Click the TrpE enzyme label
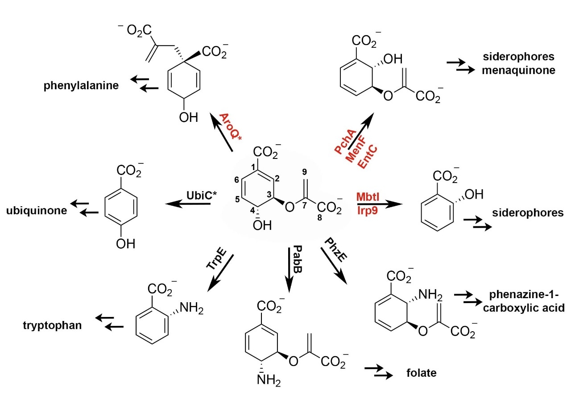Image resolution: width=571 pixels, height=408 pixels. point(216,259)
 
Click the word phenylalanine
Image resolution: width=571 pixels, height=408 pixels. point(81,86)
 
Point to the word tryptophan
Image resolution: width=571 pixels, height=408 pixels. point(53,325)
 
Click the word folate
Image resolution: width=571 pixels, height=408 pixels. point(421,372)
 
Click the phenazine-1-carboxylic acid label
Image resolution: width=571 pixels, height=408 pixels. point(520,301)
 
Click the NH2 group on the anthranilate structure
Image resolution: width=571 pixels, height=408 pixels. point(190,307)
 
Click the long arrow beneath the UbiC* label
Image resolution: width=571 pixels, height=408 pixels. point(187,204)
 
